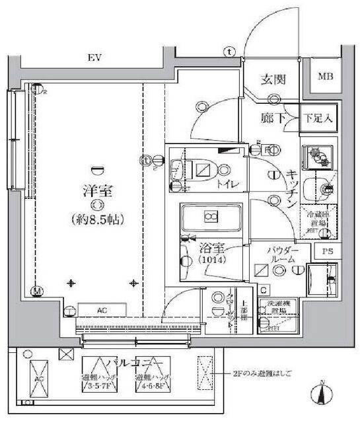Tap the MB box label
[x=326, y=77]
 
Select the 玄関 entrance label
[x=271, y=81]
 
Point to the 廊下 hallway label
[x=270, y=118]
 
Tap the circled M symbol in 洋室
[x=37, y=290]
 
